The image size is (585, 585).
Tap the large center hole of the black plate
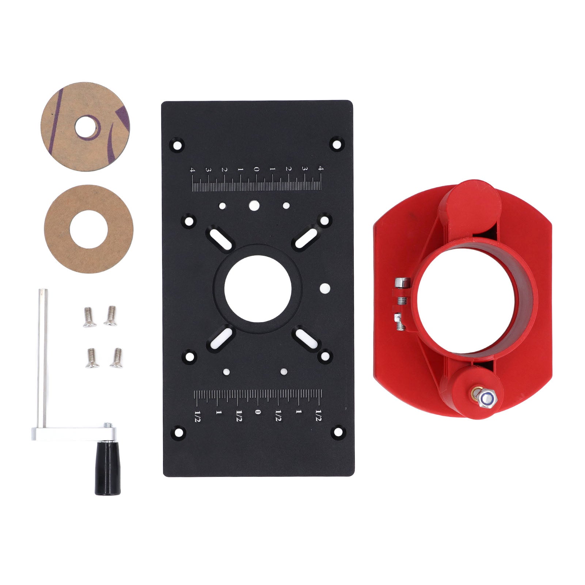coord(258,289)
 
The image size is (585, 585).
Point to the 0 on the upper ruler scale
coord(257,169)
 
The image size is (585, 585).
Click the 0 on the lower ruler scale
coord(258,412)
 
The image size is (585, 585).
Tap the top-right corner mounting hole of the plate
coord(336,143)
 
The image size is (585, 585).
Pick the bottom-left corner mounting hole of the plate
coord(178,433)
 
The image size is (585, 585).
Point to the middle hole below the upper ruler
coord(253,205)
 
